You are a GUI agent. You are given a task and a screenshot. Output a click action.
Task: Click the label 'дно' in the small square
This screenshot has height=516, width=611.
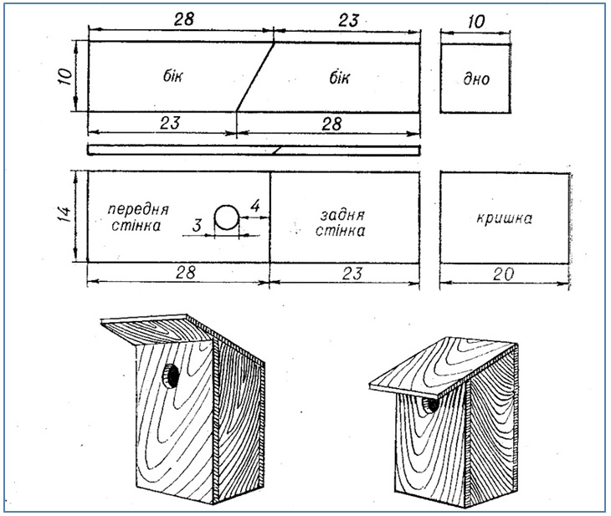point(475,80)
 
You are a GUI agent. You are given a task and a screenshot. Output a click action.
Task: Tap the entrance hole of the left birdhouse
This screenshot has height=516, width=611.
point(171,375)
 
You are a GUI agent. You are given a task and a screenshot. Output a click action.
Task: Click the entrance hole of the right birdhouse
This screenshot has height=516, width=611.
point(430,405)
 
